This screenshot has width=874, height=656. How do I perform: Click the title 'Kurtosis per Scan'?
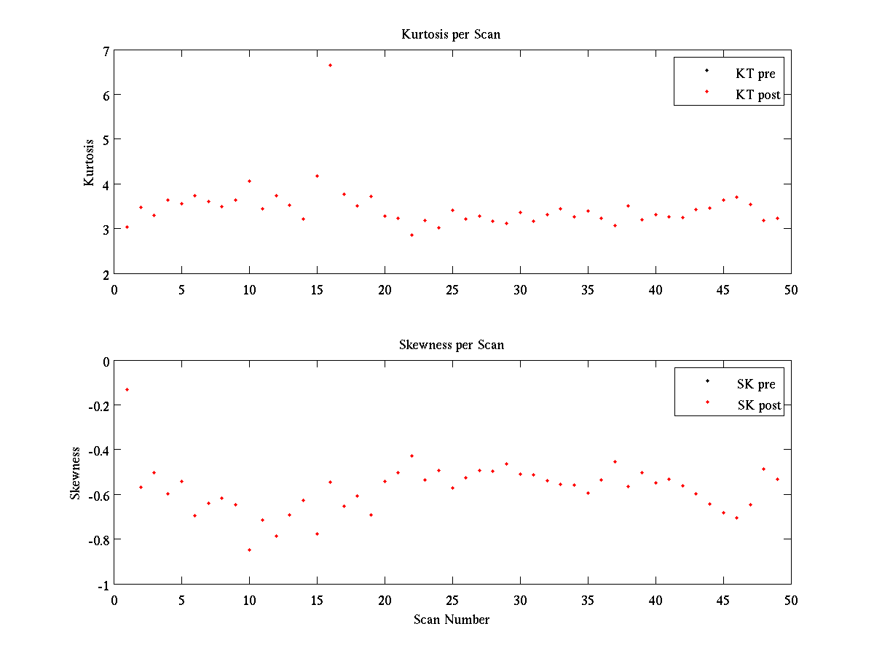click(450, 35)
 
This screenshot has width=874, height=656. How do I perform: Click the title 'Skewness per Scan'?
click(451, 345)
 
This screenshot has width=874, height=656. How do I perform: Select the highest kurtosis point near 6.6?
click(330, 66)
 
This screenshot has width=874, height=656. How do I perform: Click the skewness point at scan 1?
click(127, 389)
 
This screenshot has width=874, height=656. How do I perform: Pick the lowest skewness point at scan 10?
click(249, 550)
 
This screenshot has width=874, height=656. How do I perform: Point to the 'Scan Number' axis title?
click(451, 620)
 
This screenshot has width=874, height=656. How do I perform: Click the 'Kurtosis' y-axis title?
click(89, 163)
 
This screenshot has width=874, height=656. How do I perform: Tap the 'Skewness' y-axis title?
click(75, 473)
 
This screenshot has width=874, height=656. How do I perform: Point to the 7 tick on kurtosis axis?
click(106, 51)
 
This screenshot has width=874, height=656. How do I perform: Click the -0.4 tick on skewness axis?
click(98, 451)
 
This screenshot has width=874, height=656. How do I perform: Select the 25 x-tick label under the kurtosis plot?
click(452, 290)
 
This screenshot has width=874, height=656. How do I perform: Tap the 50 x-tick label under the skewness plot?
click(791, 601)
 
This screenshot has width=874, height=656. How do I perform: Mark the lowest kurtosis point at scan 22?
click(412, 235)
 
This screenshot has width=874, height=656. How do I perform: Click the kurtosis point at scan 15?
click(317, 176)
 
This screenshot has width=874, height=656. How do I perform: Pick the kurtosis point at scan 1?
click(127, 227)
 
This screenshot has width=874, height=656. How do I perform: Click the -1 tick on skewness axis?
click(103, 586)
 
